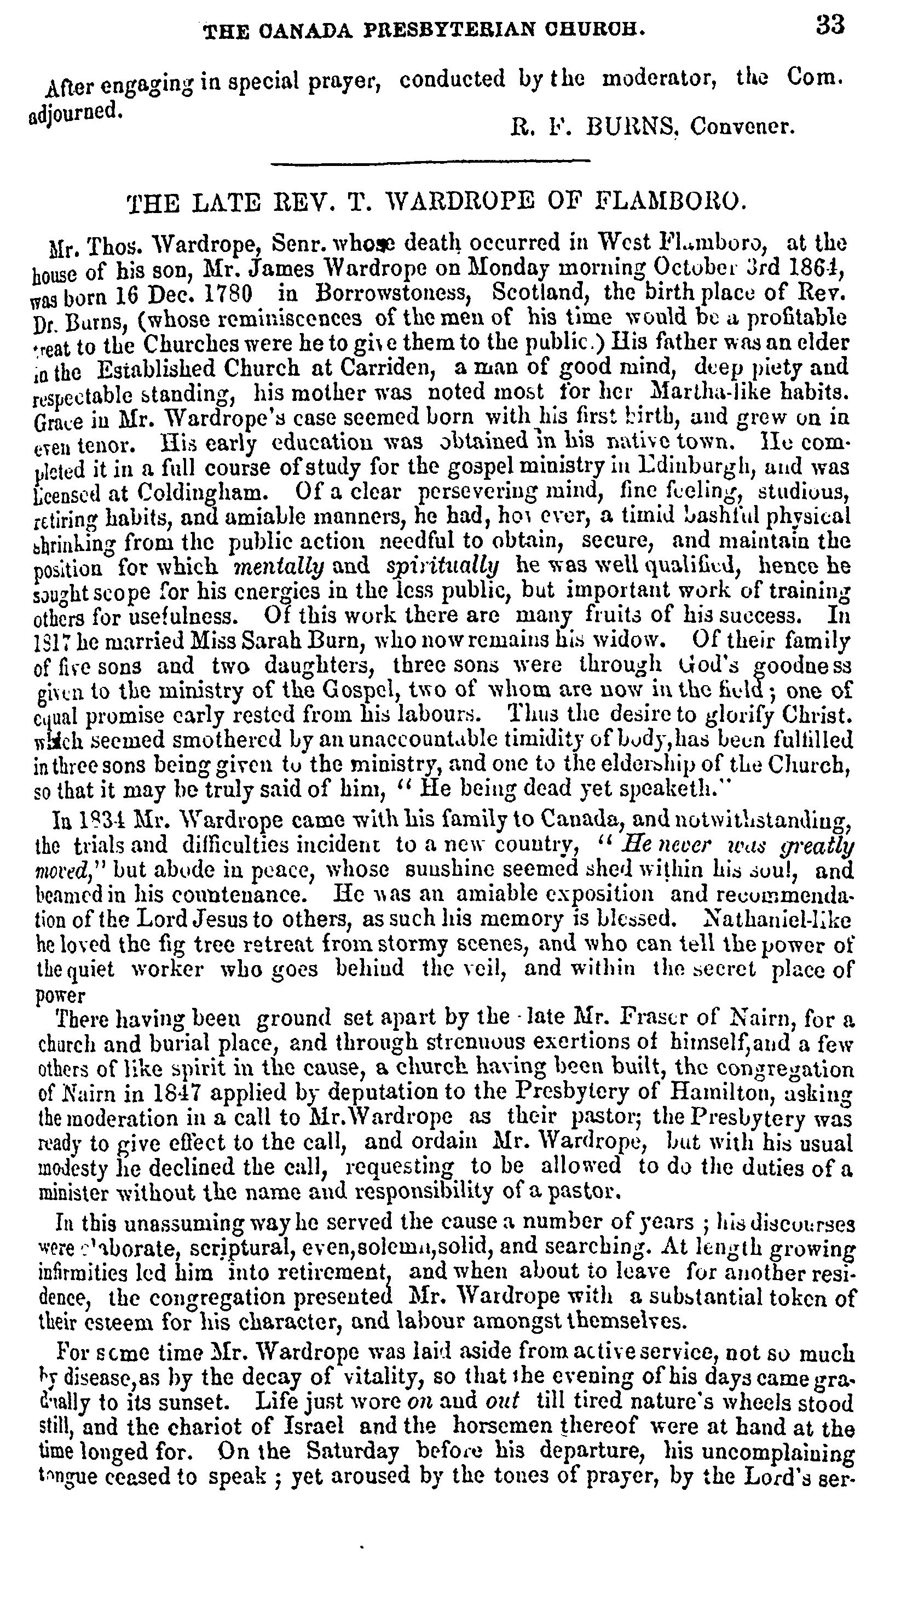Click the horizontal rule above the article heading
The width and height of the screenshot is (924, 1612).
point(430,164)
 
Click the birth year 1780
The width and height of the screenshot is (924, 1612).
point(226,294)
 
